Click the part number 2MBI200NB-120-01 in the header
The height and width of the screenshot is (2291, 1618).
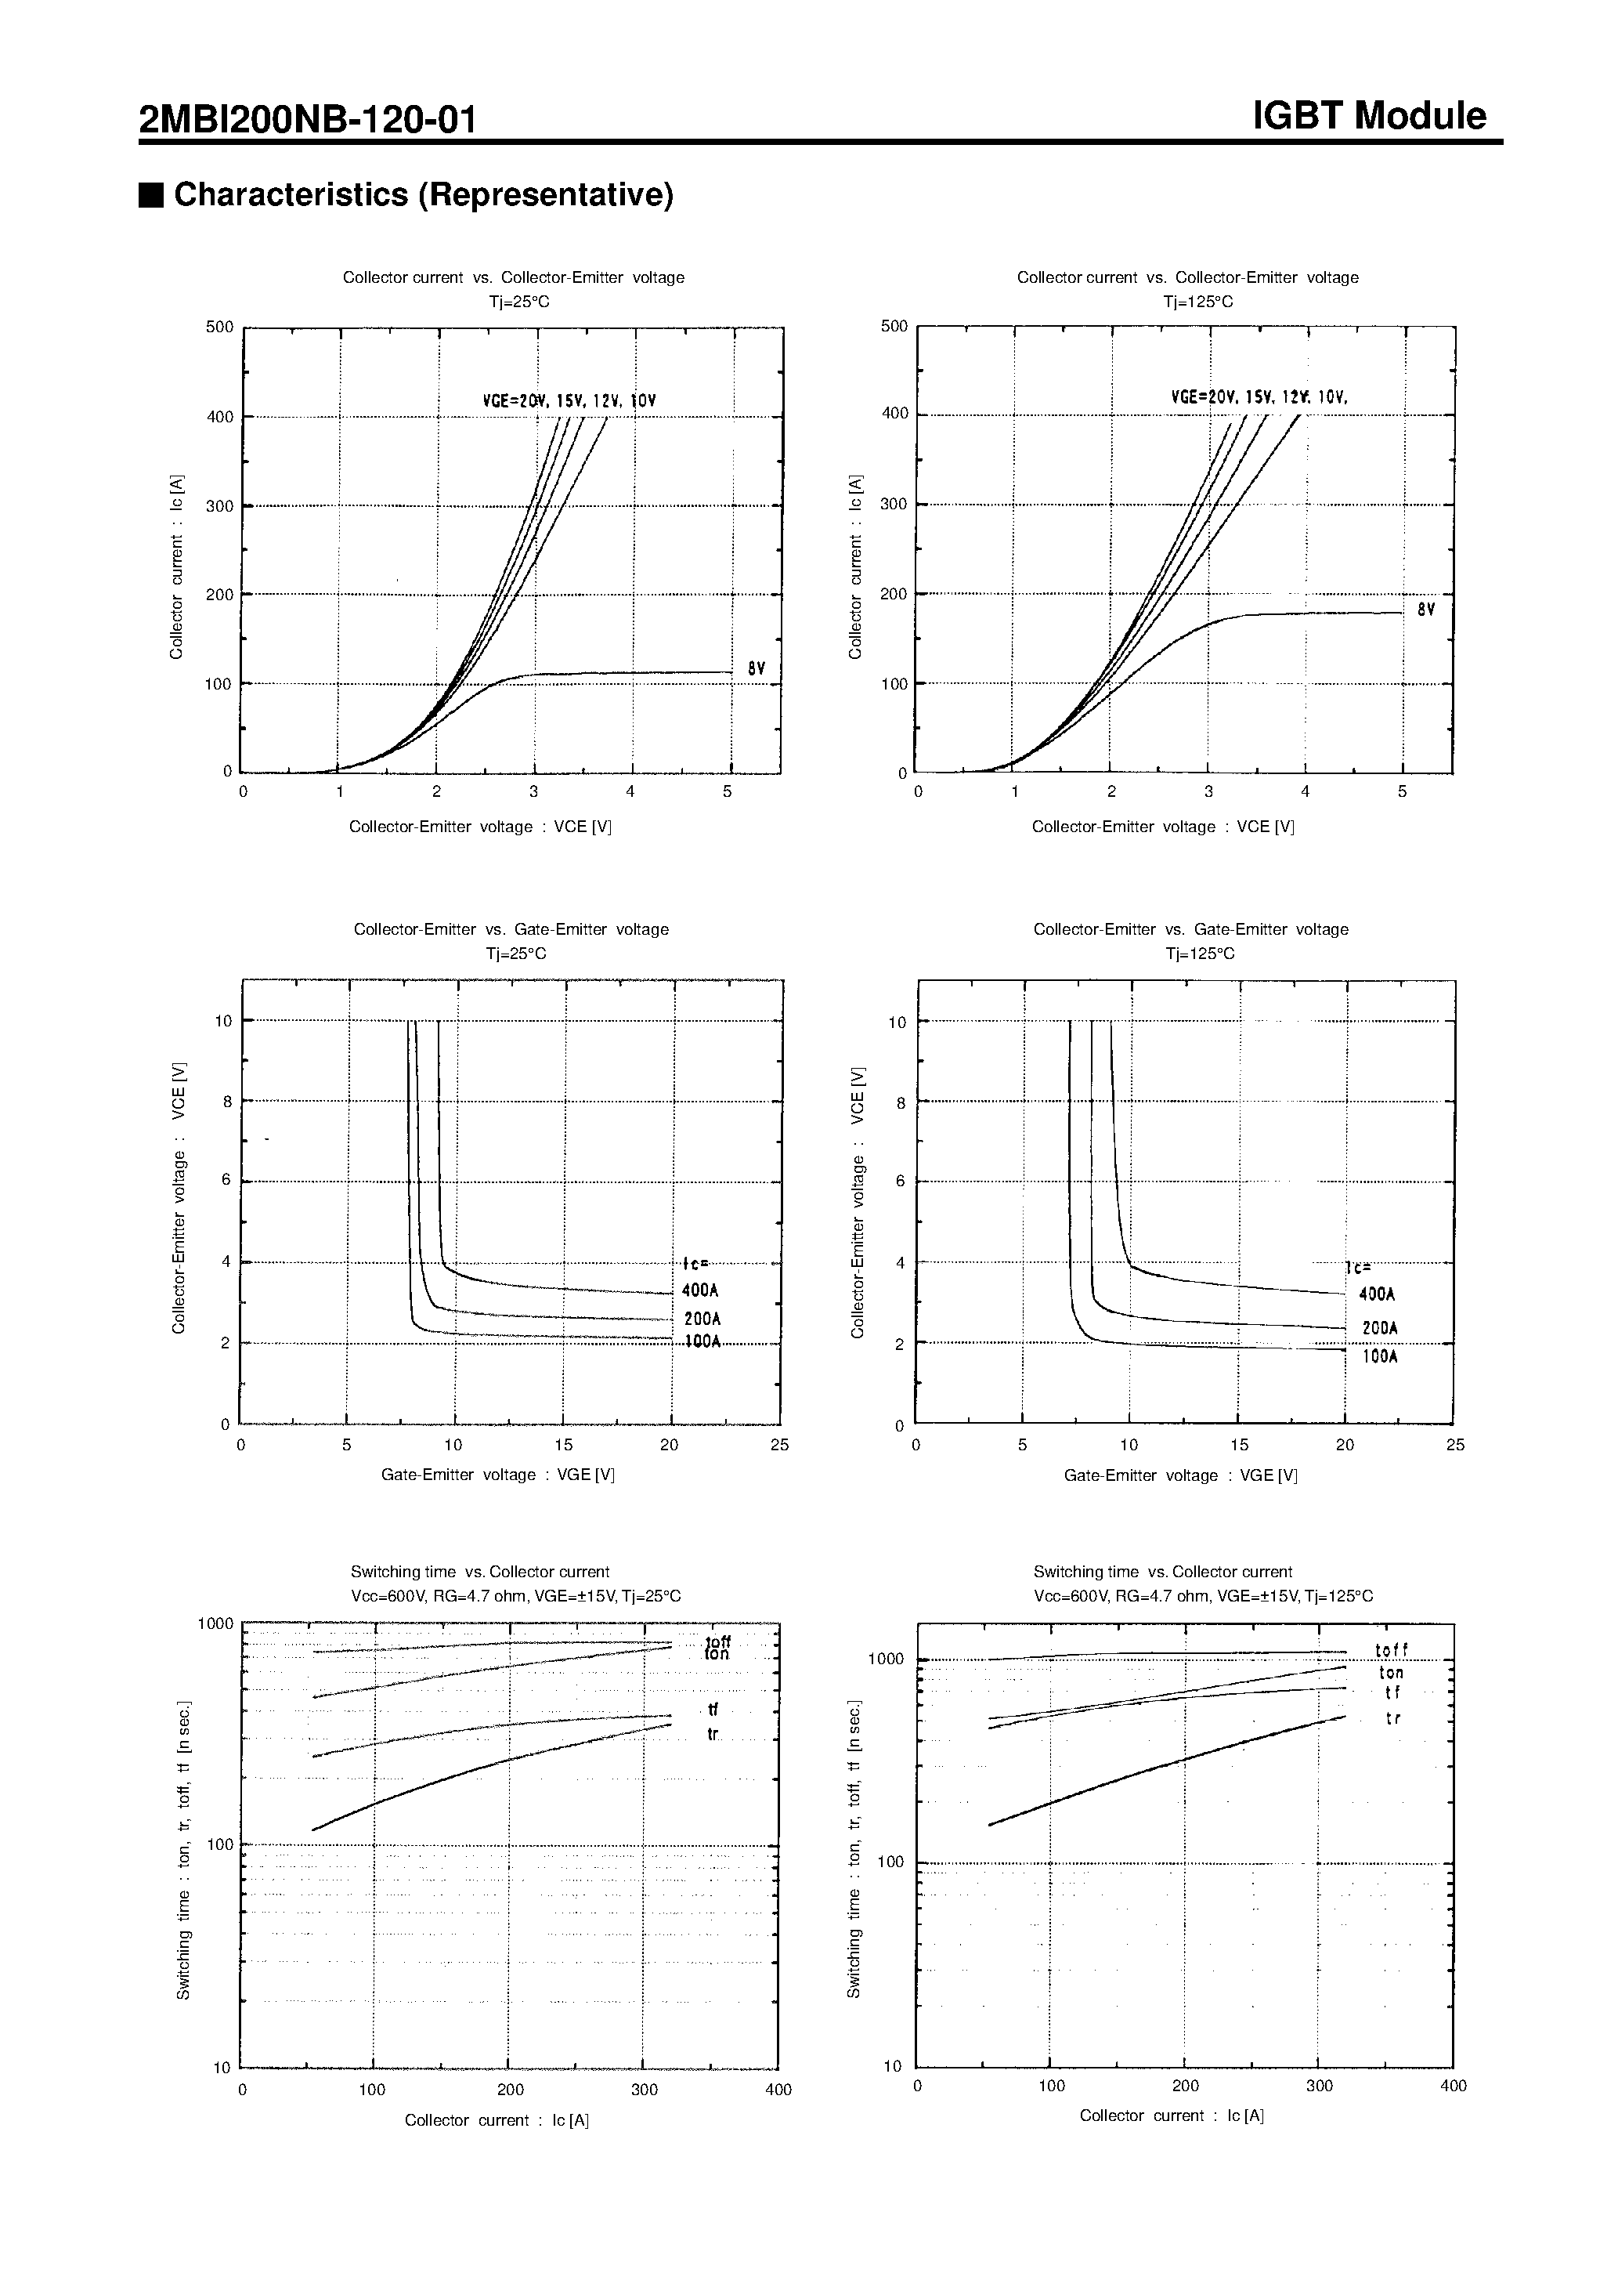pos(307,121)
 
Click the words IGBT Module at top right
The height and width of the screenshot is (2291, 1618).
pos(1369,117)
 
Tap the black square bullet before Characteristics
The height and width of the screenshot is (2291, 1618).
pos(150,194)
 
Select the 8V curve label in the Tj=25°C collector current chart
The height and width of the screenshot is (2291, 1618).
pos(756,668)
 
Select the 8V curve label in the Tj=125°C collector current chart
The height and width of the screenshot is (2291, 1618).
pos(1425,610)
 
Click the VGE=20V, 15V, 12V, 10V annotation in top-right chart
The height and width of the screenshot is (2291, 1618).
pos(1259,397)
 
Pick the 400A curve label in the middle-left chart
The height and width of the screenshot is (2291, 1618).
pos(700,1290)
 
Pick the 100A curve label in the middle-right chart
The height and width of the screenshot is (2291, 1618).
pos(1380,1357)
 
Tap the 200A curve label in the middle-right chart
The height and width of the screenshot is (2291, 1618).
pos(1380,1328)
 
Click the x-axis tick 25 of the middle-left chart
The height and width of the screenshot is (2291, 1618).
pos(779,1445)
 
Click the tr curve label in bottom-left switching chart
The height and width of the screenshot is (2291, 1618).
pos(712,1734)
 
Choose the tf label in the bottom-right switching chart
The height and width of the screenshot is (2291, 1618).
pos(1392,1693)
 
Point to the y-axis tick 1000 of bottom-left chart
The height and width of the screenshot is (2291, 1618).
pos(215,1623)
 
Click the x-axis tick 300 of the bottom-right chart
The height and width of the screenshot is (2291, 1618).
pos(1319,2086)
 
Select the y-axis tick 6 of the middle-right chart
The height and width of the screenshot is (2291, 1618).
pos(900,1182)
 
